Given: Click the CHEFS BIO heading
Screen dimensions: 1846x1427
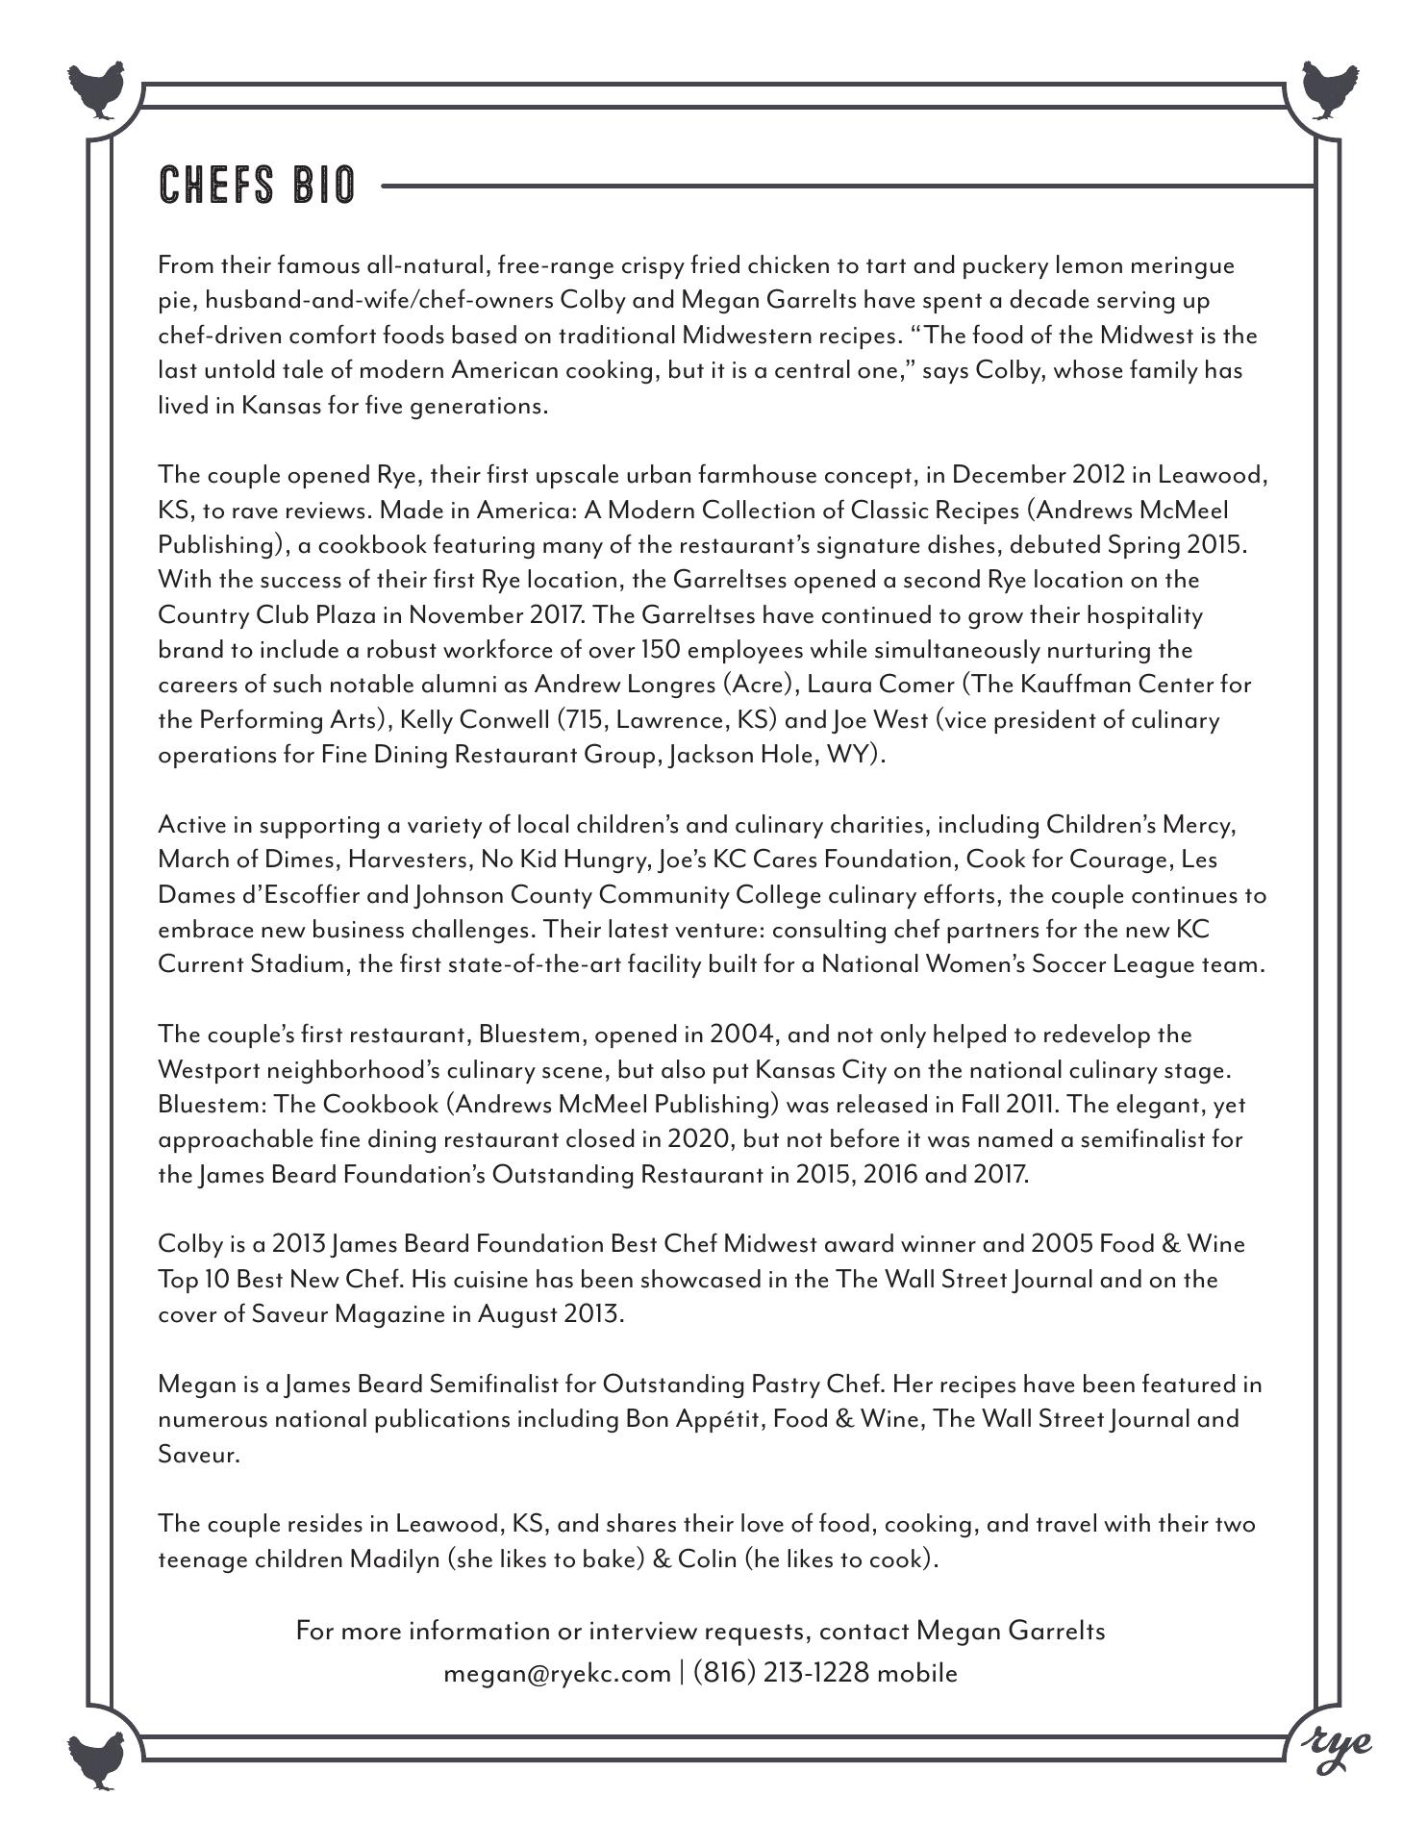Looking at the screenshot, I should [x=257, y=185].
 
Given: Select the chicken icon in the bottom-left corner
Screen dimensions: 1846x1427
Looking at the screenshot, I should [x=97, y=1759].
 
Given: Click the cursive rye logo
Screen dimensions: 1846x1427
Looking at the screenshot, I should [x=1338, y=1742].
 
